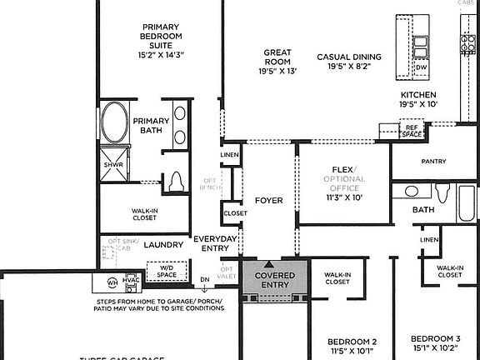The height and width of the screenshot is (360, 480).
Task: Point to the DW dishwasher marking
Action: click(422, 67)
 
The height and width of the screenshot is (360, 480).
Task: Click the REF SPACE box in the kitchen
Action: click(412, 131)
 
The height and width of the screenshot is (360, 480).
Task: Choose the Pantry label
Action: click(434, 162)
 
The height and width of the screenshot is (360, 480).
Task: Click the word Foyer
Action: click(268, 201)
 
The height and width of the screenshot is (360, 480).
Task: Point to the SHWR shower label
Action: click(112, 164)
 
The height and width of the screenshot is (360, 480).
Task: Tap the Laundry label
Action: click(162, 245)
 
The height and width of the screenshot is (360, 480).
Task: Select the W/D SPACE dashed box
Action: click(167, 272)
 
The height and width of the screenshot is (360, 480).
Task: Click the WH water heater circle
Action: click(112, 282)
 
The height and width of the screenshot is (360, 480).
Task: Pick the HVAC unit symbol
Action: click(130, 281)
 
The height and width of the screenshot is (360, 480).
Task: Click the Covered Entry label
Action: click(275, 281)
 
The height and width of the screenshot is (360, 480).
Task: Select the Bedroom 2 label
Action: click(352, 342)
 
